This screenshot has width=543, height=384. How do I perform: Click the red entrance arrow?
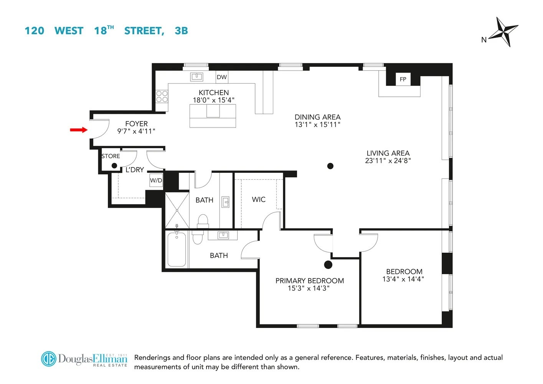coord(79,130)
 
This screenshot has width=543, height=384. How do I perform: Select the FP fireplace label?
coord(403,79)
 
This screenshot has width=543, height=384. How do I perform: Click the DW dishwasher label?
coord(222,77)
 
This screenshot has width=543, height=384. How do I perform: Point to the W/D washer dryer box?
coord(156,180)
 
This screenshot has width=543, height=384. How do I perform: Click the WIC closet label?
coord(259,200)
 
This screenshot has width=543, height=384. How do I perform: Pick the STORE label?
coord(111,156)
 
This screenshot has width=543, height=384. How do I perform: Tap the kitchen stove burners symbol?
coord(162,96)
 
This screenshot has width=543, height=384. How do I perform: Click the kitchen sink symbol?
coord(197,77)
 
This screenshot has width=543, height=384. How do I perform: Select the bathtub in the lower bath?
coord(177,249)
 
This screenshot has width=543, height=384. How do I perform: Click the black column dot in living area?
coord(330,166)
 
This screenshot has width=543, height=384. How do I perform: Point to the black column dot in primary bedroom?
coord(328,265)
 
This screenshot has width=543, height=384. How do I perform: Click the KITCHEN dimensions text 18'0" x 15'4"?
coord(213,100)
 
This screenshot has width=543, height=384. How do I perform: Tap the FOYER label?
coord(136,124)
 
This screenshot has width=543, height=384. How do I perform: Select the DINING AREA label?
coord(317,117)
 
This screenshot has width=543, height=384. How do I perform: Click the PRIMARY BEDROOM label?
coord(309,281)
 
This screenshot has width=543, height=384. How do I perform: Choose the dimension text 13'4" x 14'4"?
coord(403,279)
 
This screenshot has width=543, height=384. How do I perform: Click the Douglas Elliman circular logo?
coord(49,359)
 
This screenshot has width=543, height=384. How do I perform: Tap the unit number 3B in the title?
coord(181,31)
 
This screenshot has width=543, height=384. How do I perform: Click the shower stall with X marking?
coord(177,210)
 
